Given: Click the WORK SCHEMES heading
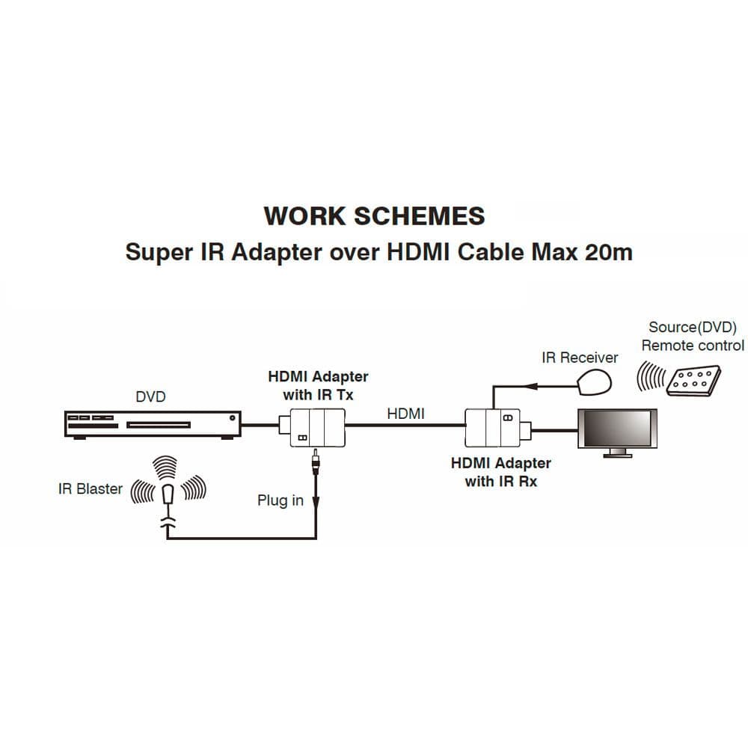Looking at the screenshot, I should pyautogui.click(x=374, y=216).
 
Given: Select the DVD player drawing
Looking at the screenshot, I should pyautogui.click(x=150, y=424).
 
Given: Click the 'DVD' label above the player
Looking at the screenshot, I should pyautogui.click(x=150, y=396).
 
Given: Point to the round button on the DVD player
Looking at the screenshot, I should pyautogui.click(x=234, y=417).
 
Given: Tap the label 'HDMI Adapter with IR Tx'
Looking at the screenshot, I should pyautogui.click(x=318, y=384).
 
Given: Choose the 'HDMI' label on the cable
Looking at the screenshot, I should pyautogui.click(x=405, y=412).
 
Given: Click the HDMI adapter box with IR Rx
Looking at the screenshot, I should pyautogui.click(x=492, y=427).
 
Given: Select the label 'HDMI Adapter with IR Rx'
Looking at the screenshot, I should pyautogui.click(x=500, y=472).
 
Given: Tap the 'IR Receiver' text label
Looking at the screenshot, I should pyautogui.click(x=580, y=358).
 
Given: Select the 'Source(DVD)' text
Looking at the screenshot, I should pyautogui.click(x=692, y=327).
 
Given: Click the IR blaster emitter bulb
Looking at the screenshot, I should pyautogui.click(x=168, y=494).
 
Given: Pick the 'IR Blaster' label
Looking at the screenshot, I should pyautogui.click(x=90, y=489).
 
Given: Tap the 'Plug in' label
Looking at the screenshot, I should pyautogui.click(x=280, y=500).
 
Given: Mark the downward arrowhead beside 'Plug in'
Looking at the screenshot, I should pyautogui.click(x=316, y=505).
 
